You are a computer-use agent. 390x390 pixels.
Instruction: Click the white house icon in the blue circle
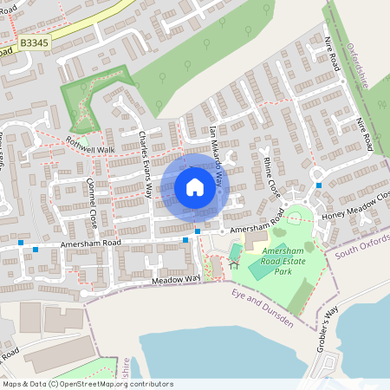[195, 186]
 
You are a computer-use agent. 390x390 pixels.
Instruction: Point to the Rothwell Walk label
[90, 150]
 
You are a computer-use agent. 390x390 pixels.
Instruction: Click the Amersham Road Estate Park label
[289, 260]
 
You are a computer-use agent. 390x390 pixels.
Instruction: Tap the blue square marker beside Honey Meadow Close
[319, 185]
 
